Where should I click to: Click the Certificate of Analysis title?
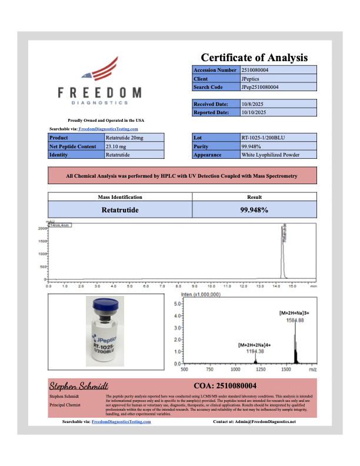pyautogui.click(x=254, y=58)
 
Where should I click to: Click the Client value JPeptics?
pyautogui.click(x=250, y=78)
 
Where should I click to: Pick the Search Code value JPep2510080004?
pyautogui.click(x=260, y=87)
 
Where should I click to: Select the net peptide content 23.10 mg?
pyautogui.click(x=116, y=146)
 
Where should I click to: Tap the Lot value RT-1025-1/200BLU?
pyautogui.click(x=261, y=137)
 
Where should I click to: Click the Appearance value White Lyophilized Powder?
pyautogui.click(x=271, y=155)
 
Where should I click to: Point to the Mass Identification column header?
pyautogui.click(x=119, y=197)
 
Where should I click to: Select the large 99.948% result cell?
pyautogui.click(x=254, y=209)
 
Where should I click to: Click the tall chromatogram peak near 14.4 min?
pyautogui.click(x=282, y=253)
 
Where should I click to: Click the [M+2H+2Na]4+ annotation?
pyautogui.click(x=254, y=344)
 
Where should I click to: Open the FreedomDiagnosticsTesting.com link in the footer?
pyautogui.click(x=121, y=422)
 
